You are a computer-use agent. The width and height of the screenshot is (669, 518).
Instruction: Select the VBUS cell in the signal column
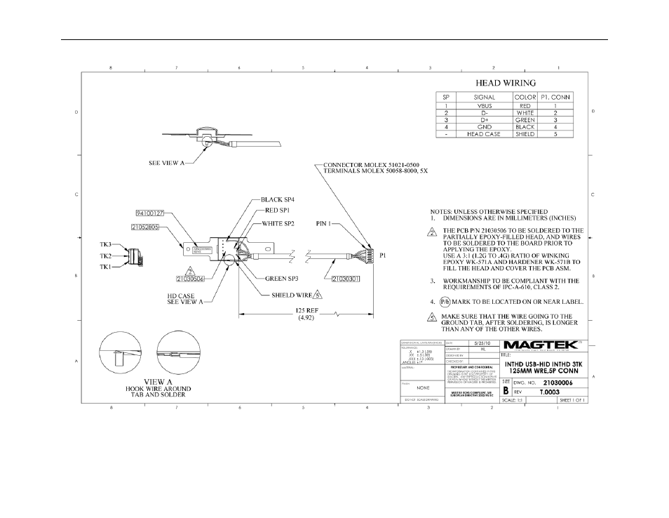click(484, 105)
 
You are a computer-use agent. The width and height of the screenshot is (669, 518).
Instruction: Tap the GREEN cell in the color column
click(525, 120)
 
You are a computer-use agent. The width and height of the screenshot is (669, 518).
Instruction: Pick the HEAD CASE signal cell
click(484, 134)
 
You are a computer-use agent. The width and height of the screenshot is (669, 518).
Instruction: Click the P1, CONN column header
click(555, 97)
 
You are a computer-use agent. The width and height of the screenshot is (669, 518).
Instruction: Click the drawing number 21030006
click(559, 383)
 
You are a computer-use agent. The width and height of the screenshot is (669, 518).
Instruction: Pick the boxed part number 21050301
click(346, 278)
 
